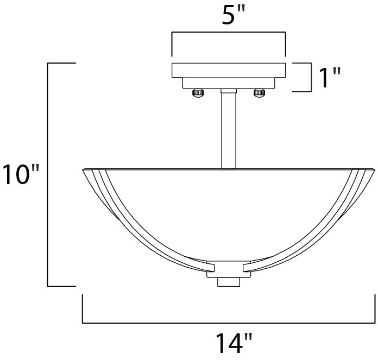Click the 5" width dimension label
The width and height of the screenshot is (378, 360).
point(229,16)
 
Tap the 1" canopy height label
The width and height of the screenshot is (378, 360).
point(329,78)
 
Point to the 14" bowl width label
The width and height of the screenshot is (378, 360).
point(229,344)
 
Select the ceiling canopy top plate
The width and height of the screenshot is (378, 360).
point(229,71)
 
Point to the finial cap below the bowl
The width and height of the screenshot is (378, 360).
point(228,281)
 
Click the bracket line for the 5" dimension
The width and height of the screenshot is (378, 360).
point(229,34)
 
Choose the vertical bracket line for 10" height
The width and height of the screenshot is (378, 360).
point(49,174)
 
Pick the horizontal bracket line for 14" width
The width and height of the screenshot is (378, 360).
point(229,323)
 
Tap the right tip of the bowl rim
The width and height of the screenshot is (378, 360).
point(374,170)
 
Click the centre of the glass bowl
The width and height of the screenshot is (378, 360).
point(229,212)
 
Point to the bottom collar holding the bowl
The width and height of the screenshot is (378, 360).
point(228,267)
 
